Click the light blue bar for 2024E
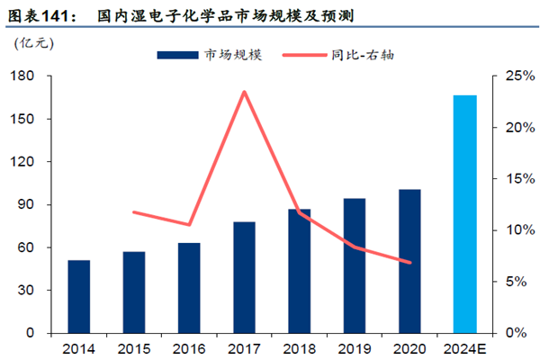464,214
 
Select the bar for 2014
79,297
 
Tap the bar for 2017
244,277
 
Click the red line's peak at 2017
244,91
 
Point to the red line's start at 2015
133,212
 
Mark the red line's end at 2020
409,263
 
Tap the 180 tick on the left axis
23,76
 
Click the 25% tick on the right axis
515,76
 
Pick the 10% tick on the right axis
515,230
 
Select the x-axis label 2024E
464,348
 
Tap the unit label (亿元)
34,42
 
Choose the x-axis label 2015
134,348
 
